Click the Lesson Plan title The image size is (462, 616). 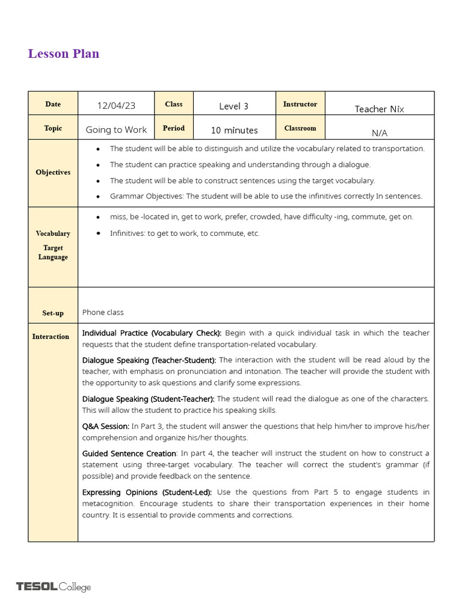coord(63,54)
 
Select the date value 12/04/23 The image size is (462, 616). coord(116,106)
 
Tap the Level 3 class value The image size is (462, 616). coord(233,106)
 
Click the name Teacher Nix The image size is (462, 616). coord(379,109)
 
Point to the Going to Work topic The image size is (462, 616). coord(116,130)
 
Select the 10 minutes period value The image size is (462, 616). coord(234,131)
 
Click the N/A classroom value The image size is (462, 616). coord(379,133)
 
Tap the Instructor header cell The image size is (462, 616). coord(300,104)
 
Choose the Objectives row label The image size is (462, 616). coord(53,173)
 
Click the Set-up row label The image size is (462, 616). coord(53,313)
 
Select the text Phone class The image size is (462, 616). coord(103,312)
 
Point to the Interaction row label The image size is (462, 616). coord(51,337)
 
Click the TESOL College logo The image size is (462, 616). coord(54,587)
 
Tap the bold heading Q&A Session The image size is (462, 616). coord(105,427)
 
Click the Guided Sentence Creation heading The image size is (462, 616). coord(129,454)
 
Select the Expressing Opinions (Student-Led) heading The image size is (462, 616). coord(147,492)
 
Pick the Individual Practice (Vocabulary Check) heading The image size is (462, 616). coord(152,333)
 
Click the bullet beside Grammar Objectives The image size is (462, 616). coord(97,197)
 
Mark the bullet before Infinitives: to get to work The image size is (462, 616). coord(97,233)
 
